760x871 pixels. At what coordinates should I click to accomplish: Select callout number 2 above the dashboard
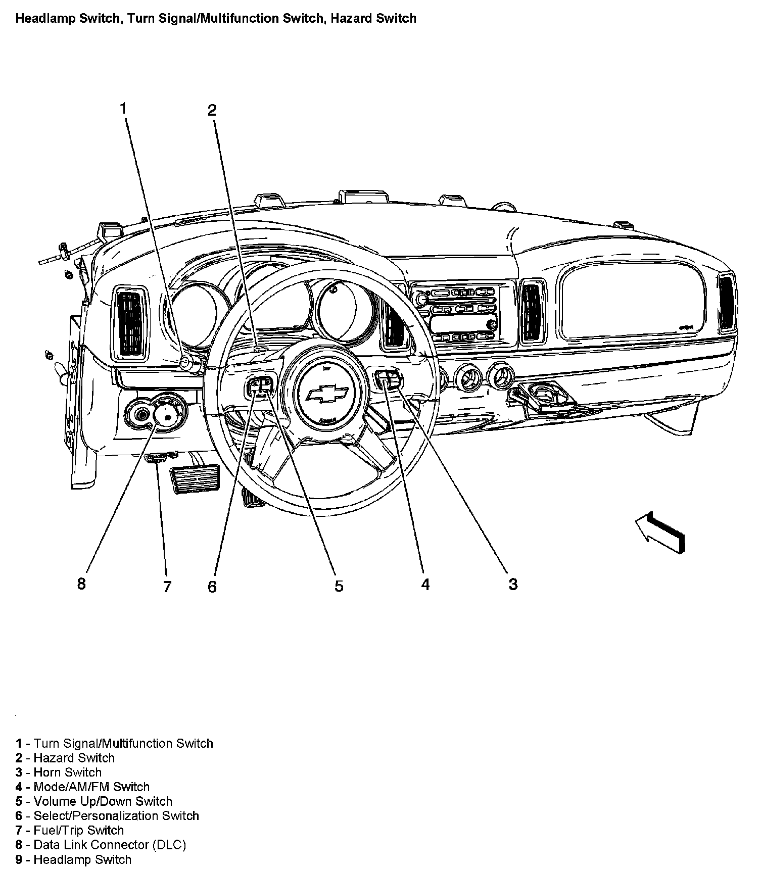(x=212, y=110)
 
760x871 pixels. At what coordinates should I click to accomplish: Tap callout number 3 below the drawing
(x=513, y=585)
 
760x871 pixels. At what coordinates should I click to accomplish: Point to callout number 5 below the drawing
(x=339, y=586)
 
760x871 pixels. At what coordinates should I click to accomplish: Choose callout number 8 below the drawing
(x=81, y=584)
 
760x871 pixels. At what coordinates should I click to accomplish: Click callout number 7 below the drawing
(x=167, y=587)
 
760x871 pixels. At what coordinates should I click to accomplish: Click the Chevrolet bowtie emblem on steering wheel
(x=328, y=394)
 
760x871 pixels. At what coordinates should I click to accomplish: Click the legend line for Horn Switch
(x=59, y=772)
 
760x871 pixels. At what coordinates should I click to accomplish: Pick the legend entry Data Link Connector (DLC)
(x=101, y=845)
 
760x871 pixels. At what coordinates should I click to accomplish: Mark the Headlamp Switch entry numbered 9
(x=73, y=859)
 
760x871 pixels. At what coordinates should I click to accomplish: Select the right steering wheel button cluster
(x=389, y=379)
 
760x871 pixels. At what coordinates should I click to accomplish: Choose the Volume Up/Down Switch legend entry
(x=94, y=801)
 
